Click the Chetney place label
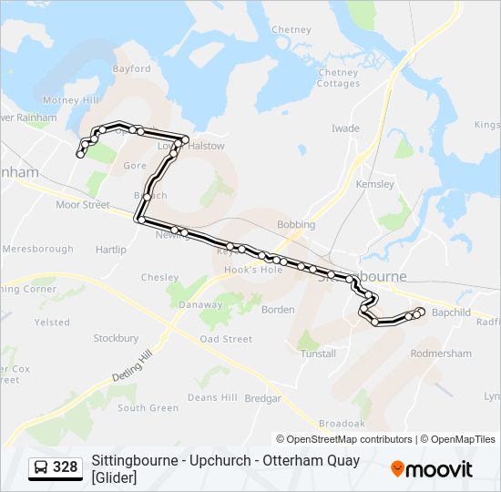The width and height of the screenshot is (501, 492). pyautogui.click(x=291, y=29)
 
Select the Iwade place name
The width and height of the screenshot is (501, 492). pyautogui.click(x=345, y=128)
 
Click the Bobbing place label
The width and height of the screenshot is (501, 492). pyautogui.click(x=296, y=224)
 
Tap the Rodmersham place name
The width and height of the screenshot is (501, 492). pyautogui.click(x=441, y=353)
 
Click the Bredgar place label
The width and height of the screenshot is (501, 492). pyautogui.click(x=263, y=398)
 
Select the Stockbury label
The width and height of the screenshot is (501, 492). pyautogui.click(x=116, y=338)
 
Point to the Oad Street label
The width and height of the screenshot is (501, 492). pyautogui.click(x=226, y=339)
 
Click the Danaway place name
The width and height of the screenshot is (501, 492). pyautogui.click(x=200, y=305)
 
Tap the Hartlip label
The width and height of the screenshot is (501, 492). pyautogui.click(x=110, y=250)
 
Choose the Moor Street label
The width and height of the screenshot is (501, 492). pyautogui.click(x=82, y=205)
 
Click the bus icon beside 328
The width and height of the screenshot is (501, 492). pyautogui.click(x=41, y=467)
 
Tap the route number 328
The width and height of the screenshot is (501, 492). pyautogui.click(x=66, y=467)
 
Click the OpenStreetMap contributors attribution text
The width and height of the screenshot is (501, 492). pyautogui.click(x=349, y=439)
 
